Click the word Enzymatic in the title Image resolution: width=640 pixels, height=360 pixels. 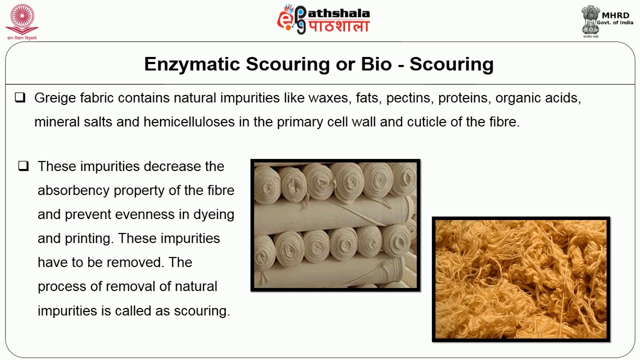190,64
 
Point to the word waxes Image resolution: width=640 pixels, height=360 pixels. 327,98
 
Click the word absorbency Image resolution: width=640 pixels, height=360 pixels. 74,190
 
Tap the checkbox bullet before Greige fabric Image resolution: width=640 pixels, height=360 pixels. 20,98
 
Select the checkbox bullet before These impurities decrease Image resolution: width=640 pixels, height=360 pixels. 23,166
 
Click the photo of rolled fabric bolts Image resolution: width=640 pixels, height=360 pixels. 335,225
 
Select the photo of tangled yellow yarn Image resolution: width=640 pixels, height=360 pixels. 521,279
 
